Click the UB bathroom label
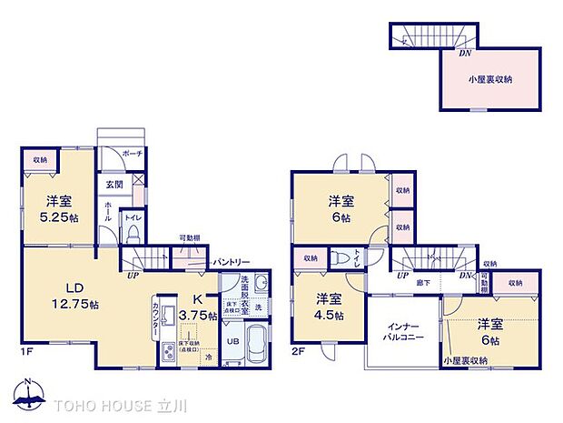pyautogui.click(x=232, y=341)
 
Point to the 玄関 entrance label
pyautogui.click(x=114, y=185)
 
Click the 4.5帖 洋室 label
pyautogui.click(x=330, y=307)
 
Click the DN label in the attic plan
pyautogui.click(x=464, y=53)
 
